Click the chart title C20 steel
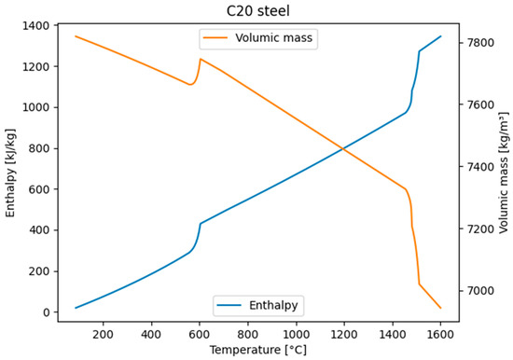(257, 10)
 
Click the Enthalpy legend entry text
(273, 304)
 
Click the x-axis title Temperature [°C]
(257, 350)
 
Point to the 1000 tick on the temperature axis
(296, 331)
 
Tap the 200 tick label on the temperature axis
(103, 331)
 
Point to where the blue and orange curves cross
(345, 148)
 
